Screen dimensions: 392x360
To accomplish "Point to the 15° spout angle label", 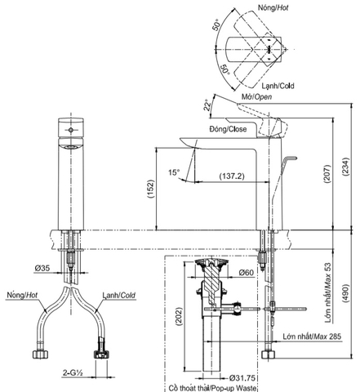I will coord(174,172).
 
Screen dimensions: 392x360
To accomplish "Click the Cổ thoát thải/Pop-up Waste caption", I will coord(217,390).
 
